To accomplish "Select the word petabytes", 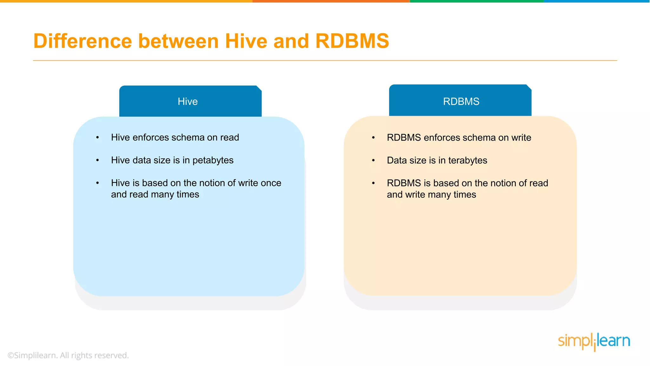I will [213, 160].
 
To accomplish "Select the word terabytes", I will [468, 160].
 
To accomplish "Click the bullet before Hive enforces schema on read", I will [98, 138].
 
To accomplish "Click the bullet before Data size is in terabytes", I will [374, 160].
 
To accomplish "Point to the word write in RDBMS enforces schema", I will [521, 138].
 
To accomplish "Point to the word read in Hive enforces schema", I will [229, 138].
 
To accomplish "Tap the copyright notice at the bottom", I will [68, 355].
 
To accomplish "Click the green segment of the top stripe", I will [476, 1].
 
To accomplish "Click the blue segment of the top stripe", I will [597, 1].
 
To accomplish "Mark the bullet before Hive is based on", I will [98, 183].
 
